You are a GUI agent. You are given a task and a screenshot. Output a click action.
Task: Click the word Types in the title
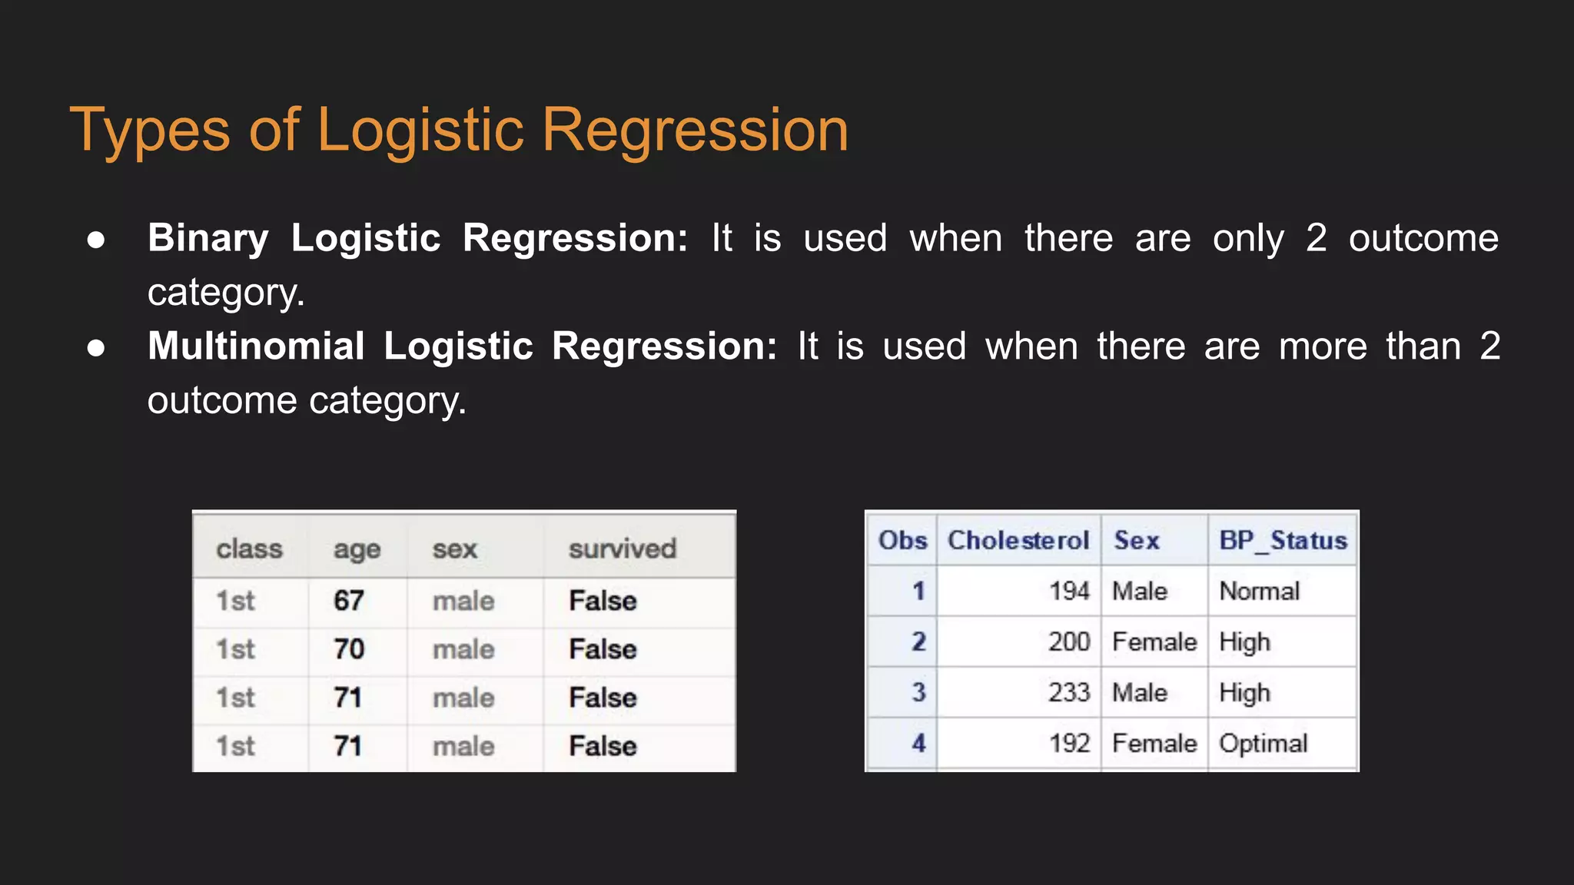point(150,131)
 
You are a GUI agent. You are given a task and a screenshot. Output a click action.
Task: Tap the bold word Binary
point(208,238)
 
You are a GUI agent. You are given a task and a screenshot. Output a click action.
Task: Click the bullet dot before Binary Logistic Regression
point(96,240)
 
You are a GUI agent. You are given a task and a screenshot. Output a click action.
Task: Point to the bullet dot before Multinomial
point(96,348)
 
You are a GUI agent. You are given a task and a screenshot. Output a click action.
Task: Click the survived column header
point(622,549)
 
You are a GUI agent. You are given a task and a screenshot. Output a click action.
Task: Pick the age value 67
point(348,600)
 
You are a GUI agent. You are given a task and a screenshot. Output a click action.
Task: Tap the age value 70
point(348,649)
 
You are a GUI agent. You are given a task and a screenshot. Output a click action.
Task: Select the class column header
point(249,549)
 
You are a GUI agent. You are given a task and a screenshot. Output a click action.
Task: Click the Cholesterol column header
point(1018,540)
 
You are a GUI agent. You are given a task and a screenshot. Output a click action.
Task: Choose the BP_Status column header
point(1283,540)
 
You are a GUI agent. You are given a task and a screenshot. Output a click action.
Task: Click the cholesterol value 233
point(1069,692)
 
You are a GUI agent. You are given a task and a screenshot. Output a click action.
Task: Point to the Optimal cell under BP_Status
point(1263,743)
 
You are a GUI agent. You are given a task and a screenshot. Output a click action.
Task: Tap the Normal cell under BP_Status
point(1259,591)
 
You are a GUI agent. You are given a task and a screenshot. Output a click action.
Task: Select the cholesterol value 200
point(1069,641)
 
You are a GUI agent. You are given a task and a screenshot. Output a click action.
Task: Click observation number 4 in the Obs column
point(918,743)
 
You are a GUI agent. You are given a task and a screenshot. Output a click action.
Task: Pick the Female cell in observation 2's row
point(1154,641)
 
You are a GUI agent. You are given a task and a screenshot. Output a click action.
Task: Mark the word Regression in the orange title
point(695,131)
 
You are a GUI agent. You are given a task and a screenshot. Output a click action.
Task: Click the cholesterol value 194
point(1069,591)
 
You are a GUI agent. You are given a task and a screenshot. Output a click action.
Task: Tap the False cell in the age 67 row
point(603,600)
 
